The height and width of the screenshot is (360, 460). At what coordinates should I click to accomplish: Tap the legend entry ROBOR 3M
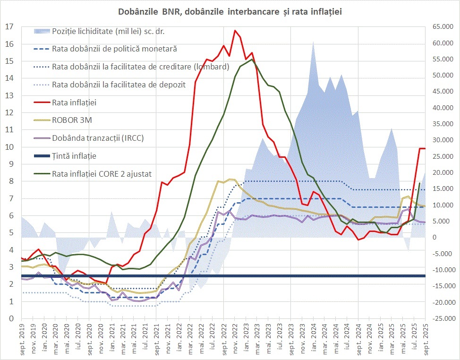pos(72,120)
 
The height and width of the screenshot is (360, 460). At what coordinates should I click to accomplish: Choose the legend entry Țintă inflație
pos(75,155)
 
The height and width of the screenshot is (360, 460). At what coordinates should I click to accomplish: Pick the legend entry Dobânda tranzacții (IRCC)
pos(98,137)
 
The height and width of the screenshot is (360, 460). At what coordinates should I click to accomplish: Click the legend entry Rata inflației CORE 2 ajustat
pos(102,173)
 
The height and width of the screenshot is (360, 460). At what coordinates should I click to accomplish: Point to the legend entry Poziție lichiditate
pos(108,31)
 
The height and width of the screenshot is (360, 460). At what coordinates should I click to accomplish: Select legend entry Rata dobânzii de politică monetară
pos(115,49)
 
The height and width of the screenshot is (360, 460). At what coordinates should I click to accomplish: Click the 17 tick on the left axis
pos(10,27)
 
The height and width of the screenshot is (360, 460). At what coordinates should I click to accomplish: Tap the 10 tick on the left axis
pos(10,147)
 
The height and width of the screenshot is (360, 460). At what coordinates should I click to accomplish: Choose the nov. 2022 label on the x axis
pos(235,338)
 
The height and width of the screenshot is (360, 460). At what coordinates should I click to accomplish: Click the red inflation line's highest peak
pos(235,30)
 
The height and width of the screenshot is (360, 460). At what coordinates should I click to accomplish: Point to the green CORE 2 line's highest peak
pos(252,60)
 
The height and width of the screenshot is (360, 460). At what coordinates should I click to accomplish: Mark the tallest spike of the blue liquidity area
pos(313,42)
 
